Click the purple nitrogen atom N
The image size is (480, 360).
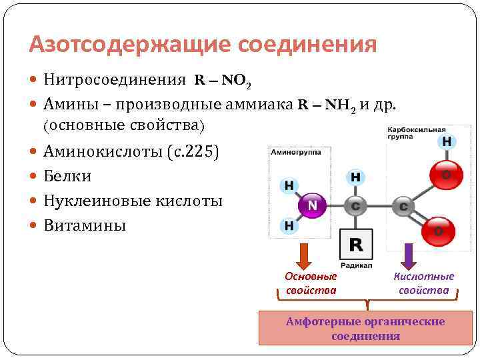[311, 205]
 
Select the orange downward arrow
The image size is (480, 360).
[304, 255]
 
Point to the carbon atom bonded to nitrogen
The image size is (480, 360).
[355, 207]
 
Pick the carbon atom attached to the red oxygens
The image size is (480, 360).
[403, 207]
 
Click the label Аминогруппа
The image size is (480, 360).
[296, 153]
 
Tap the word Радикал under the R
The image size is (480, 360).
[356, 263]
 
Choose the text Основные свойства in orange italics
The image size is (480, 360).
[311, 283]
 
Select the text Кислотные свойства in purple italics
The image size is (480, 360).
[424, 283]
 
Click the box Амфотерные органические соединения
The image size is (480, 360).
[365, 328]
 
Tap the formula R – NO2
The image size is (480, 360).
[223, 81]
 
